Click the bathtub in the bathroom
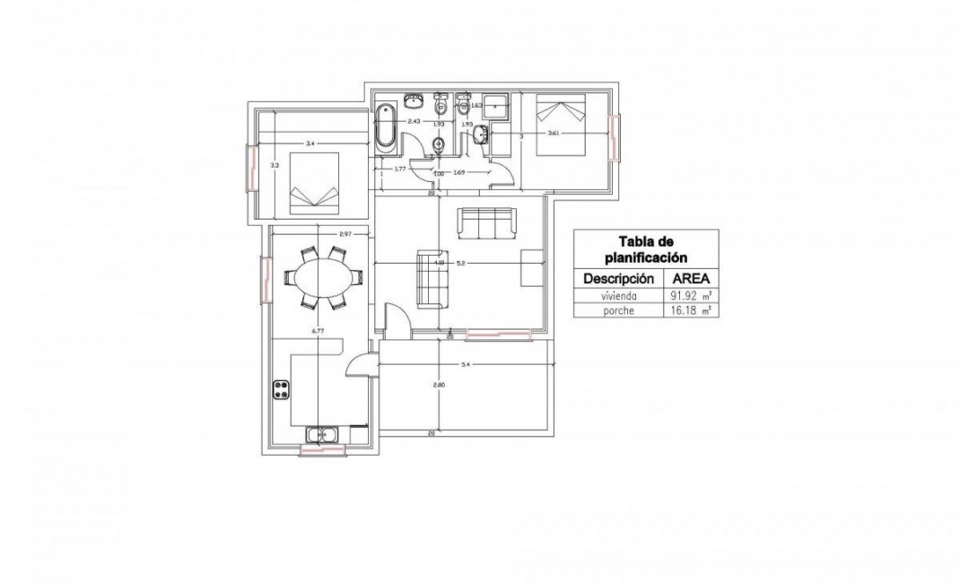tap(384, 126)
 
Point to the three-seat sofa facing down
tap(485, 223)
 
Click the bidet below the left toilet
tap(439, 146)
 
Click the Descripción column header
tap(616, 277)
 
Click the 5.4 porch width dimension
tap(465, 365)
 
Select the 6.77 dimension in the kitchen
tap(317, 331)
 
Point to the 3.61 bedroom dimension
tap(553, 134)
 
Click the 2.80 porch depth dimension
tap(439, 385)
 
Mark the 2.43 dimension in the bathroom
tap(415, 121)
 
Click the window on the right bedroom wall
tap(614, 137)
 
